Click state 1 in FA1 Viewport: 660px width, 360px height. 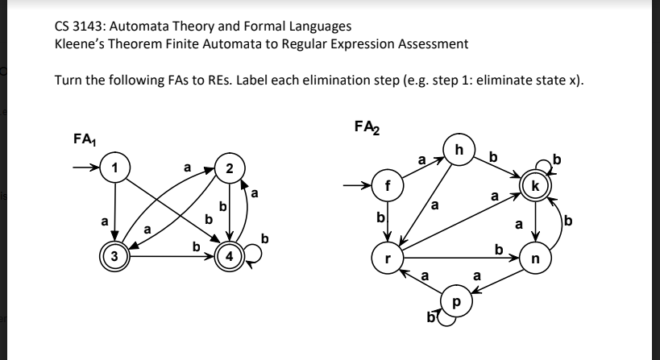pyautogui.click(x=115, y=168)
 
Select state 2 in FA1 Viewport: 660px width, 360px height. pyautogui.click(x=230, y=168)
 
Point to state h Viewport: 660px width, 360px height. pyautogui.click(x=459, y=150)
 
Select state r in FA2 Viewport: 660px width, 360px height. pyautogui.click(x=388, y=259)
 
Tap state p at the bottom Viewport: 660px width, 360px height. pyautogui.click(x=458, y=304)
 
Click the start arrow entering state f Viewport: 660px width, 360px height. pyautogui.click(x=360, y=185)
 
